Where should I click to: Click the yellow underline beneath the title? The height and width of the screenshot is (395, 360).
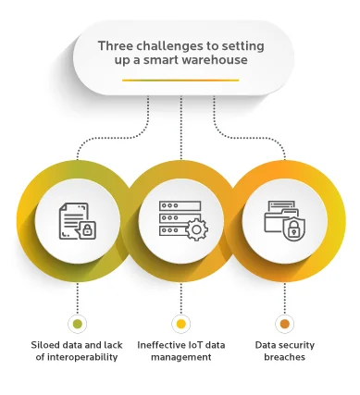point(180,80)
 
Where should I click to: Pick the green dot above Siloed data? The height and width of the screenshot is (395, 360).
point(77,324)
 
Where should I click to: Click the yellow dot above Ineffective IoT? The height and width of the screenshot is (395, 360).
point(180,324)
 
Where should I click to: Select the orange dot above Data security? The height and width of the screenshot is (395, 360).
point(284,324)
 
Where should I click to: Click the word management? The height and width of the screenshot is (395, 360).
point(180,357)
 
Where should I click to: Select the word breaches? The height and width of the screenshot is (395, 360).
point(284,357)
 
